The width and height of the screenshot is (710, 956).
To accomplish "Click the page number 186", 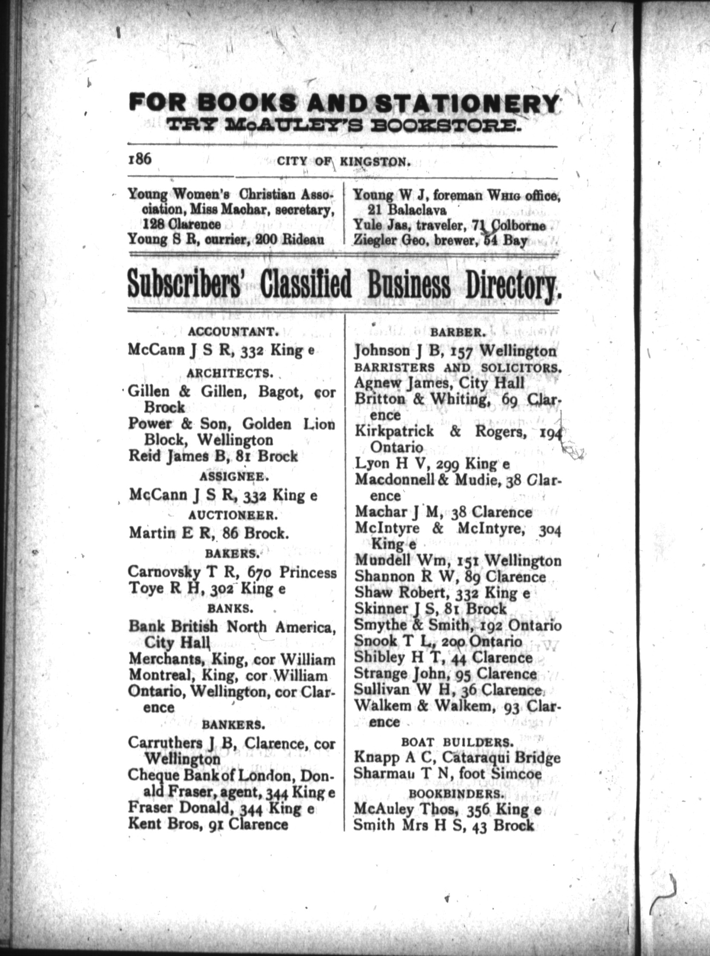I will [x=139, y=160].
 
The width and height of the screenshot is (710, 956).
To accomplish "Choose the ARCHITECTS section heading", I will [x=230, y=373].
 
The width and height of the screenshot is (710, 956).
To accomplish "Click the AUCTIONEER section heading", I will [x=231, y=515].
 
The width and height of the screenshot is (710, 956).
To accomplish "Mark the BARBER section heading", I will [x=458, y=332].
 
